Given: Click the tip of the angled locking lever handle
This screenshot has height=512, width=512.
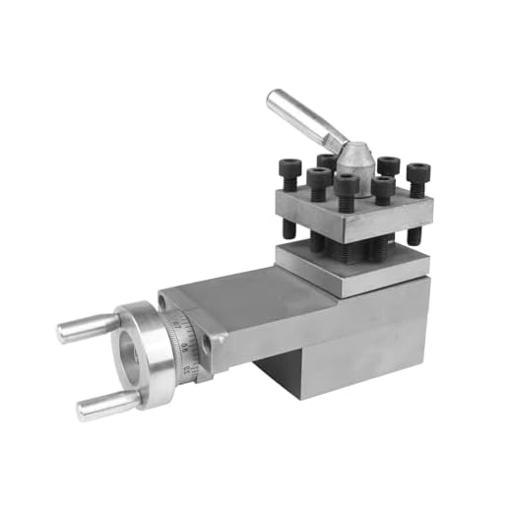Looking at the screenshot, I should coord(275,97).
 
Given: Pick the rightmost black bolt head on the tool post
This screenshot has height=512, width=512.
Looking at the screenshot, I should coord(417,173).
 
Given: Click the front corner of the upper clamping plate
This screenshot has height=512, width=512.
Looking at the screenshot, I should coord(345,234).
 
